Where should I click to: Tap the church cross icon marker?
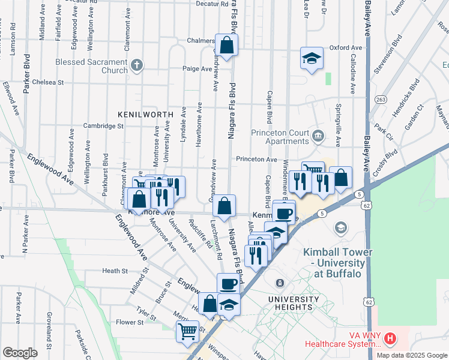coord(137,65)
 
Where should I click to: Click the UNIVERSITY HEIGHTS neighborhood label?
coord(294,303)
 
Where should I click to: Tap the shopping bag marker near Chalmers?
coord(227,44)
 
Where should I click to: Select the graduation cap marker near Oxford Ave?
coord(311,58)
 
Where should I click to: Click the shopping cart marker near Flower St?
coord(188,331)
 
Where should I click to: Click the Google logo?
coord(20,353)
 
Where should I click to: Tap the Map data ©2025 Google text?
coord(412,355)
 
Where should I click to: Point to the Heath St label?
coord(115,271)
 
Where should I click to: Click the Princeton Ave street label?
coord(256,160)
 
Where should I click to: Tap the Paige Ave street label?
coord(198,68)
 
